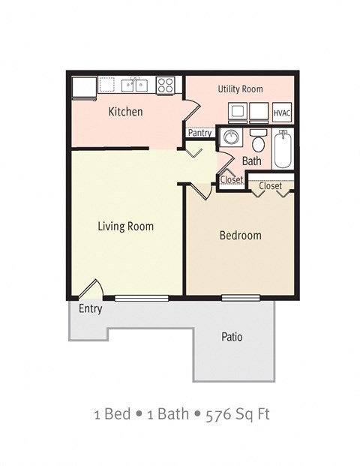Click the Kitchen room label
pyautogui.click(x=126, y=112)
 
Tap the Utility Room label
pyautogui.click(x=240, y=89)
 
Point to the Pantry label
pyautogui.click(x=200, y=133)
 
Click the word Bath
pyautogui.click(x=252, y=161)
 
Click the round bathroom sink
pyautogui.click(x=230, y=139)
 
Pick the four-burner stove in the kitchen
pyautogui.click(x=166, y=85)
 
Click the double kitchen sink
pyautogui.click(x=135, y=85)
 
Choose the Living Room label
pyautogui.click(x=126, y=226)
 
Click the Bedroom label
pyautogui.click(x=240, y=236)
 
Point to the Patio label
pyautogui.click(x=232, y=337)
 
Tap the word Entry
pyautogui.click(x=90, y=308)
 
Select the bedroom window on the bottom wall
pyautogui.click(x=241, y=298)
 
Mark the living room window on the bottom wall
pyautogui.click(x=140, y=298)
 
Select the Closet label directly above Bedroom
pyautogui.click(x=270, y=185)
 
